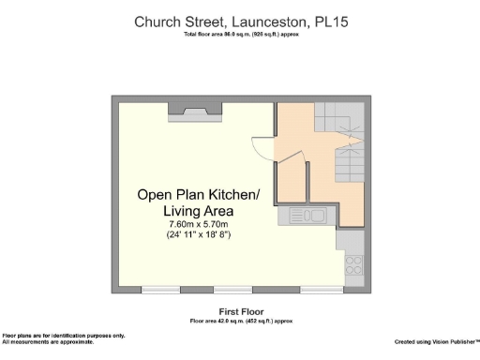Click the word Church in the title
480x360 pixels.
click(x=156, y=21)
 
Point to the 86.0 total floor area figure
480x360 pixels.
click(x=231, y=35)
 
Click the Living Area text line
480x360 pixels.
click(x=198, y=211)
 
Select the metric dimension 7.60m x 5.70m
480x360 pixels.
click(x=198, y=224)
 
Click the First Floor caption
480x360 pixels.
click(x=241, y=311)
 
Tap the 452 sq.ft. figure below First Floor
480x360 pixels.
click(x=262, y=321)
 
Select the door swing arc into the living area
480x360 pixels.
click(x=262, y=148)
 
